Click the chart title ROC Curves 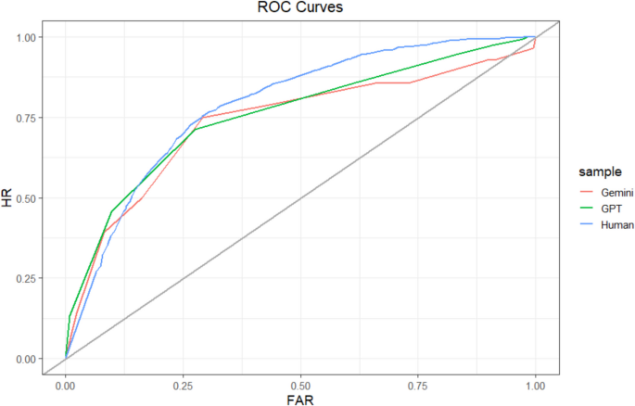[300, 8]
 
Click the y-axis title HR [8, 197]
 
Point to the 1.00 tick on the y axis [28, 37]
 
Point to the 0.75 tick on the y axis [28, 118]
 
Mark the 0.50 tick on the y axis [28, 198]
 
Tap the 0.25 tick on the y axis [28, 279]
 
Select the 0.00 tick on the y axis [28, 359]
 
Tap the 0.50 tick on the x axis [300, 383]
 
